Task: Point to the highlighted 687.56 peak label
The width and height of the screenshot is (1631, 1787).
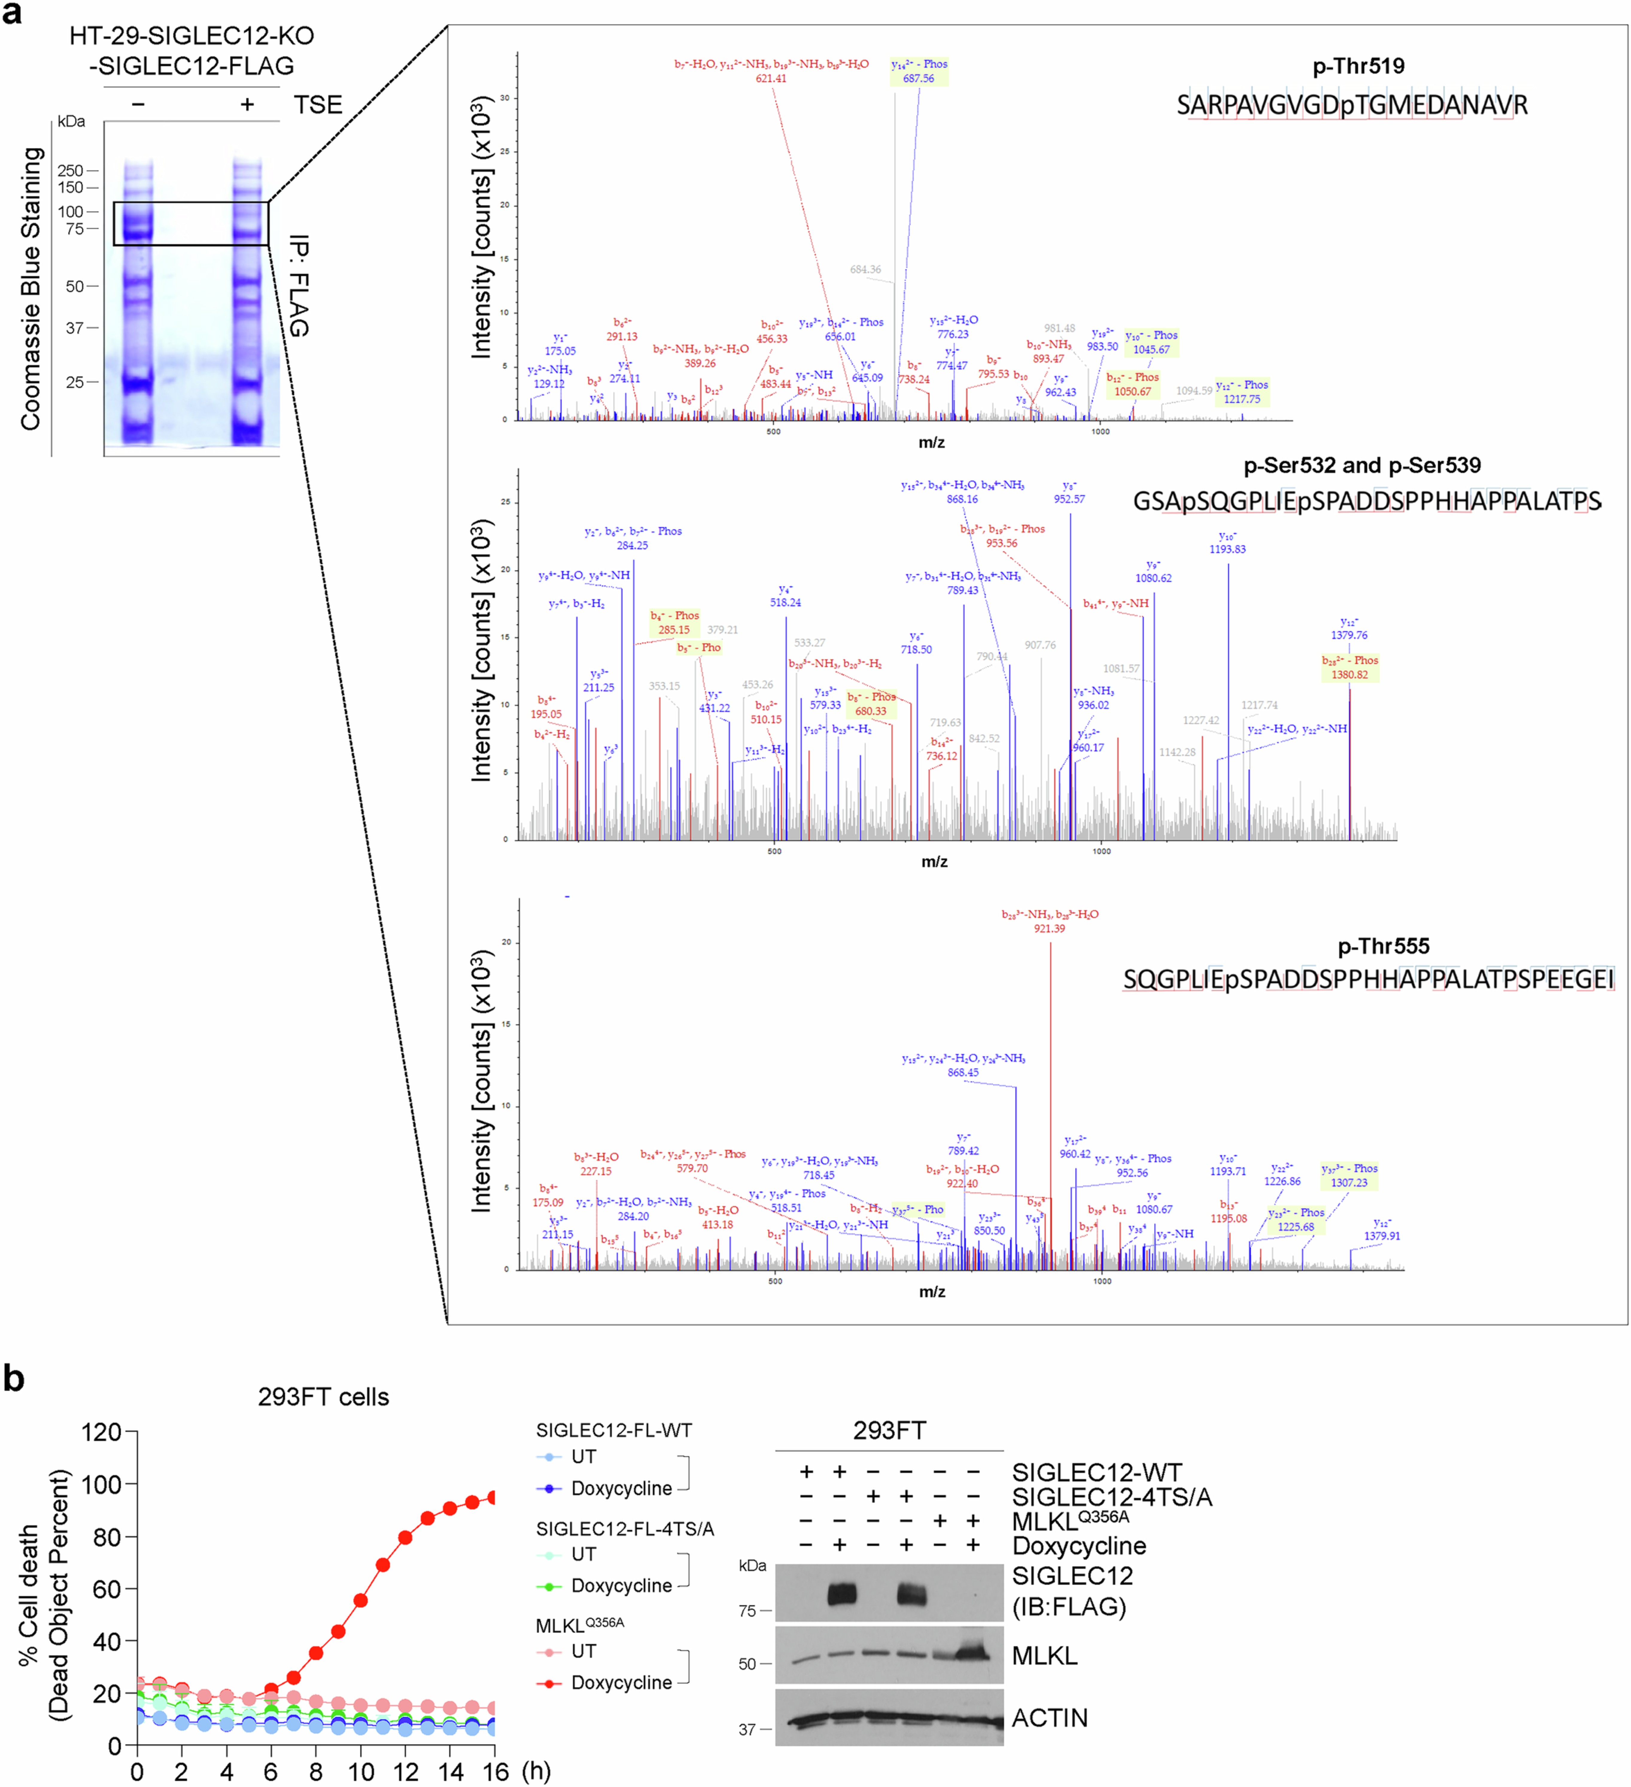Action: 919,78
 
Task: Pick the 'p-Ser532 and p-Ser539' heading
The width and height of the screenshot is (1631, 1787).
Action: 1362,465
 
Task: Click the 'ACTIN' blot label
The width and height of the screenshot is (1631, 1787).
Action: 1050,1718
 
